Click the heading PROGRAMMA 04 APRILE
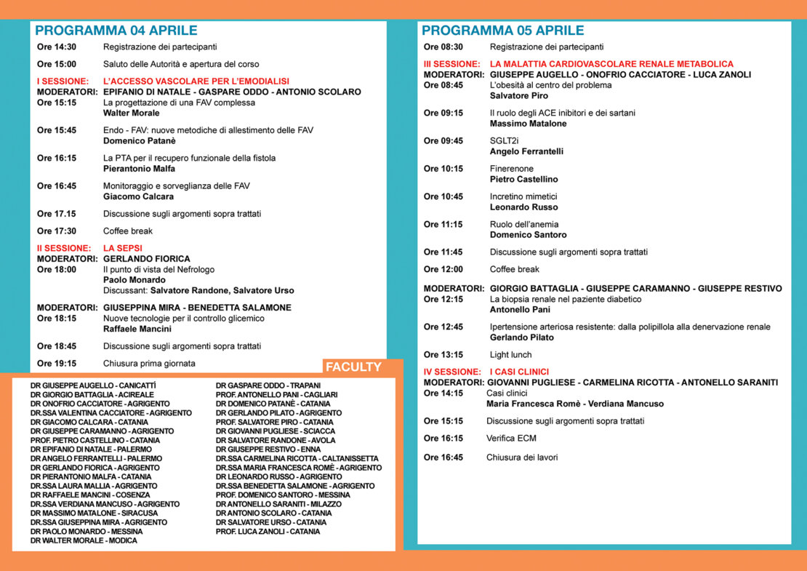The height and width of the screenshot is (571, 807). (x=116, y=31)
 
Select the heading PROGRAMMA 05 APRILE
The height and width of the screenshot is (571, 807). (x=502, y=31)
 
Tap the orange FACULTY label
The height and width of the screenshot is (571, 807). (x=353, y=367)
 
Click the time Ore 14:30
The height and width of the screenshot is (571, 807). (x=57, y=47)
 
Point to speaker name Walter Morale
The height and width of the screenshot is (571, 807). (x=131, y=113)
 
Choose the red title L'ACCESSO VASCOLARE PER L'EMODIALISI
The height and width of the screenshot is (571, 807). (x=196, y=81)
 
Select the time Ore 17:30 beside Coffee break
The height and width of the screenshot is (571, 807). (x=57, y=231)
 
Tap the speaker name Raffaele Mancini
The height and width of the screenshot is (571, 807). (x=137, y=329)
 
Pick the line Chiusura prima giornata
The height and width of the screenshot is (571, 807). (x=149, y=364)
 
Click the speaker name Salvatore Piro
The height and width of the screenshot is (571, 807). (x=519, y=96)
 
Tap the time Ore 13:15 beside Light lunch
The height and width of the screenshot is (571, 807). (x=443, y=355)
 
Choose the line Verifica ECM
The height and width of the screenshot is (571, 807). (x=511, y=439)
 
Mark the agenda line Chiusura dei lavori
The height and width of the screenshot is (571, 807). (x=522, y=458)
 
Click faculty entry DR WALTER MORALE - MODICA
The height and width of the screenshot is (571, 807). (x=84, y=540)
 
